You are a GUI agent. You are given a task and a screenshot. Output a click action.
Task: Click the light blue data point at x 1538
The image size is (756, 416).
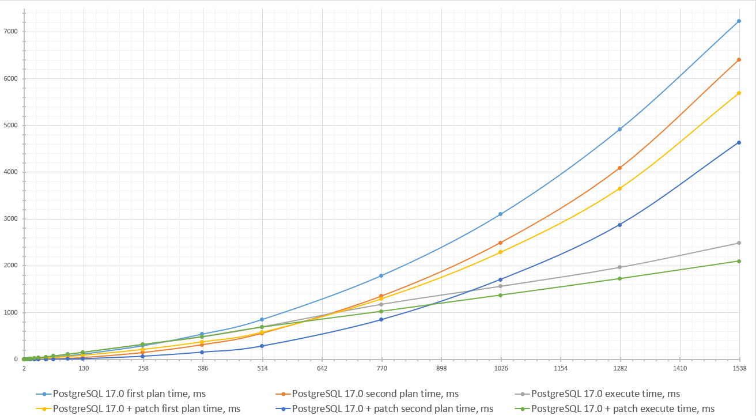[739, 21]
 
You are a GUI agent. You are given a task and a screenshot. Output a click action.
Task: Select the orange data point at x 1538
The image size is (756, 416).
[739, 60]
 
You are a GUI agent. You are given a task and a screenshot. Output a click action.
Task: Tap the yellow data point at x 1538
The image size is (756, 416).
[739, 93]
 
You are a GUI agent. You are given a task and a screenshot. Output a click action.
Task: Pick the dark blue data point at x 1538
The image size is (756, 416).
[739, 142]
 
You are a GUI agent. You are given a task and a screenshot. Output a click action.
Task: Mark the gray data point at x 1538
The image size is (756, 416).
[739, 243]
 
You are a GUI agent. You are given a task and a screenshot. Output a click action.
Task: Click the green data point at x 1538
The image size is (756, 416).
[739, 261]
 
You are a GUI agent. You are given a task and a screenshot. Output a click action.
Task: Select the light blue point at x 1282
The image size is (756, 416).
[619, 129]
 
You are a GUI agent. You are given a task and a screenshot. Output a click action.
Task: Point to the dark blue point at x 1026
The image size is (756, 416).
[500, 279]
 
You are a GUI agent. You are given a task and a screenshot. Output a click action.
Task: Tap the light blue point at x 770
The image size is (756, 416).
[381, 276]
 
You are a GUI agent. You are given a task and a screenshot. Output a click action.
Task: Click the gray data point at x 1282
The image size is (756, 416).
[619, 267]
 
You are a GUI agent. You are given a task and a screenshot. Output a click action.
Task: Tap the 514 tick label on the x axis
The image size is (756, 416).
[262, 368]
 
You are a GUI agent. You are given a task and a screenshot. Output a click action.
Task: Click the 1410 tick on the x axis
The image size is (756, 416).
[680, 368]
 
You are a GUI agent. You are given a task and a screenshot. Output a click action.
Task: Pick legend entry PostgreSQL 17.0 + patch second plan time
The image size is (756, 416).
[392, 409]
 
